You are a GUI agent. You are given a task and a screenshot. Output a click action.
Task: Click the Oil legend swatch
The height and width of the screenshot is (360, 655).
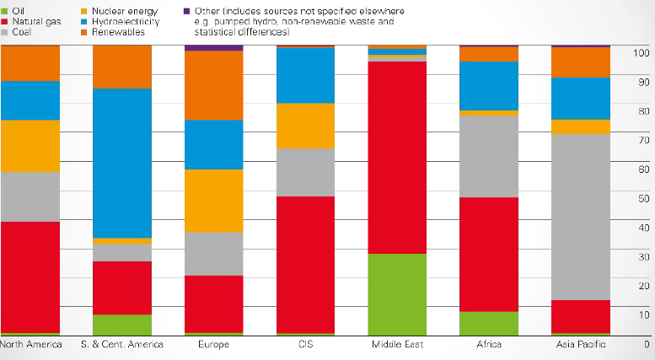5,11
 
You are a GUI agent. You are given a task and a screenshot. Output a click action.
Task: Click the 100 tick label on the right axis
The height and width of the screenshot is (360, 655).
640,53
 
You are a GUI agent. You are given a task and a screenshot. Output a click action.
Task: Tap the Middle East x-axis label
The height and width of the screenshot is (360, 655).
397,345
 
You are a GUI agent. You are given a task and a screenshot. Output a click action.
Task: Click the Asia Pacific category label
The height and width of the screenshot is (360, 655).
580,345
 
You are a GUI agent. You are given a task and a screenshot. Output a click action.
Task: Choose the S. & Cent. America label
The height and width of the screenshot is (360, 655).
121,345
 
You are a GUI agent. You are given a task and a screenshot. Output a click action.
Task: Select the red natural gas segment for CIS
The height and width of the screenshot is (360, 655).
305,265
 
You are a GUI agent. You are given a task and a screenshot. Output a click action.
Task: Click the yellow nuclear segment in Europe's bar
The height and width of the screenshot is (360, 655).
213,200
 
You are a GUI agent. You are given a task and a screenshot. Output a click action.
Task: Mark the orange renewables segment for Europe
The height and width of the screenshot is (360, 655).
213,85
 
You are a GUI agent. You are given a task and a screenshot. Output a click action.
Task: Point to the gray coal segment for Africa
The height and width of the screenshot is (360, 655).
488,156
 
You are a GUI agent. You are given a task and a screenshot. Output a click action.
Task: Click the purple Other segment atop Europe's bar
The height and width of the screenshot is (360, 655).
213,47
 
